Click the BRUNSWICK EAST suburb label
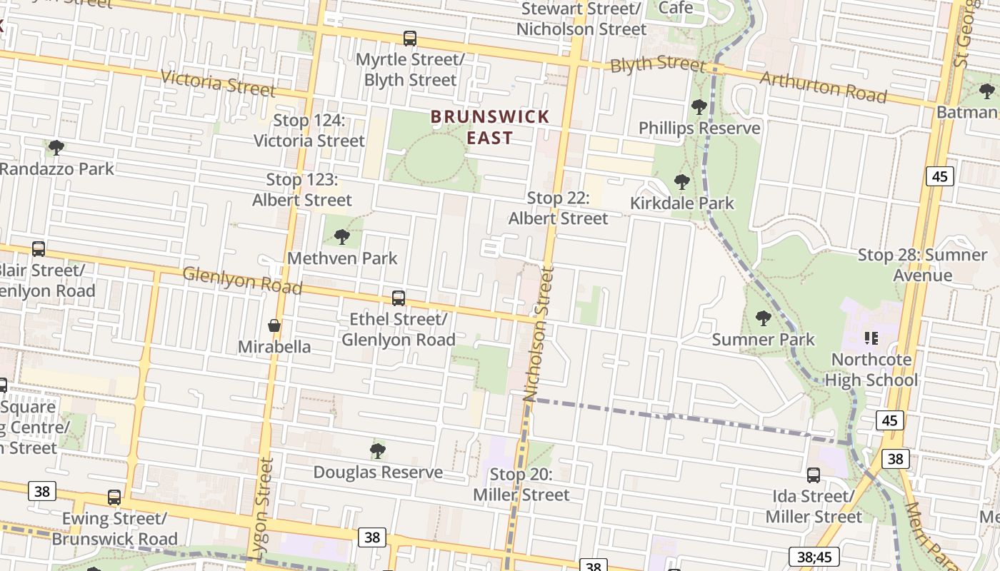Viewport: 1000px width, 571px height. [x=490, y=127]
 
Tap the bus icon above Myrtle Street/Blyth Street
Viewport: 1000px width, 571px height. [x=409, y=39]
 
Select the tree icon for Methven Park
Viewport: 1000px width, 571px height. [x=341, y=237]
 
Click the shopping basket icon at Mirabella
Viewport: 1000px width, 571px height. [x=274, y=326]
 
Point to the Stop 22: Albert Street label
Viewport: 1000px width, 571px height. [x=558, y=208]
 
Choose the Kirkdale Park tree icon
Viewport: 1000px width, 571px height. [x=681, y=182]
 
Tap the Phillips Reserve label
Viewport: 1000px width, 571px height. [x=699, y=128]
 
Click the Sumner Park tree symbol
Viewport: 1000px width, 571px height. [x=763, y=318]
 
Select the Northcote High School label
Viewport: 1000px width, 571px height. [x=871, y=369]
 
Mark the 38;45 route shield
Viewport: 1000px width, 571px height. [x=814, y=557]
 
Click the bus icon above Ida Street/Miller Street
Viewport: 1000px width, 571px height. [x=813, y=475]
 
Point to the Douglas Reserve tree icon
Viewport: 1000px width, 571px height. [x=378, y=451]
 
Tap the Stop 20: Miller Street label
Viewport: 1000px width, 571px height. [x=521, y=485]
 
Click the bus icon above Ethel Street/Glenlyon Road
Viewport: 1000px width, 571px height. [x=398, y=298]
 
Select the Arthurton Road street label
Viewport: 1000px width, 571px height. [x=823, y=86]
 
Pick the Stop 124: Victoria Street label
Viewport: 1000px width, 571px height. [x=309, y=131]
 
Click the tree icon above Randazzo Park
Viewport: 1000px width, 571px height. [x=56, y=148]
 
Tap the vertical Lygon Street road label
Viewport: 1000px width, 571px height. [x=263, y=507]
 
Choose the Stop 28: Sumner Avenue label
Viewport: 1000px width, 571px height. [x=922, y=265]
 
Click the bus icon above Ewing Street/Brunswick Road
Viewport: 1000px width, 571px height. [x=114, y=497]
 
